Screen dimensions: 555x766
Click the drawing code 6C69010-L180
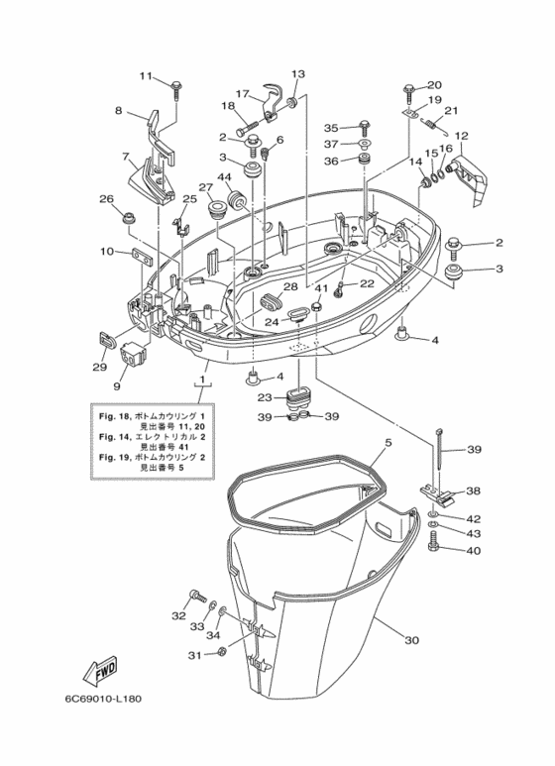click(x=103, y=700)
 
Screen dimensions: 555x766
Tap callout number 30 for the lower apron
click(x=412, y=640)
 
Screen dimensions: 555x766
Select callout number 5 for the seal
click(x=388, y=443)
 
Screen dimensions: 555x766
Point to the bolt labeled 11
click(x=175, y=89)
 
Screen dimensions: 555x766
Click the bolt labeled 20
click(x=408, y=90)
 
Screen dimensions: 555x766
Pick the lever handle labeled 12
click(x=466, y=179)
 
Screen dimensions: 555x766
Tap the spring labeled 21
click(x=434, y=126)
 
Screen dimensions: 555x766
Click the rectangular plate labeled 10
click(x=142, y=258)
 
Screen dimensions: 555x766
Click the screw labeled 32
click(x=196, y=596)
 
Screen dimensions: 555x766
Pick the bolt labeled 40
click(x=434, y=545)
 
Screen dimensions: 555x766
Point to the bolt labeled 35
click(x=365, y=127)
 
